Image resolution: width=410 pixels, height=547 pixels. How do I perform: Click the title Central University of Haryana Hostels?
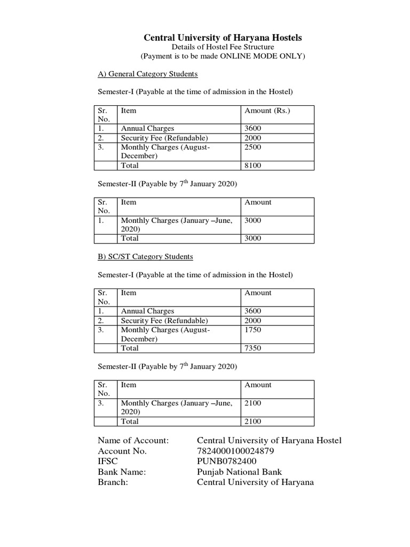tap(223, 37)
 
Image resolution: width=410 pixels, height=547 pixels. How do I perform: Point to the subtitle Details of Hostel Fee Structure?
tap(223, 47)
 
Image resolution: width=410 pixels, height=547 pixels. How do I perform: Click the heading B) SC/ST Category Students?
tap(145, 256)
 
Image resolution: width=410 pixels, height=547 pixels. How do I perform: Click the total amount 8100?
tap(253, 166)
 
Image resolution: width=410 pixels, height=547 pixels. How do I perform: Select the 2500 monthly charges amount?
tap(253, 147)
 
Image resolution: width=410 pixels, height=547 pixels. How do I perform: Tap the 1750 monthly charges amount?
tap(253, 330)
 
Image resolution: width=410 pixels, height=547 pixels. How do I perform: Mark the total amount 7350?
tap(253, 348)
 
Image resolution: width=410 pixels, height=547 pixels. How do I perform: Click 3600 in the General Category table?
tap(253, 129)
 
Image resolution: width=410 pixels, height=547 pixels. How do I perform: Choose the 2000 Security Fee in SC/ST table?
tap(253, 321)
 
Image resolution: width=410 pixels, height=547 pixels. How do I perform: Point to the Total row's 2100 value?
tap(253, 421)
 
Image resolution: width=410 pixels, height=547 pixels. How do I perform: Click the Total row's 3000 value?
tap(253, 238)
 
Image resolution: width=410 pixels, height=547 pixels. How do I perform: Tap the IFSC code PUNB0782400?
tap(227, 462)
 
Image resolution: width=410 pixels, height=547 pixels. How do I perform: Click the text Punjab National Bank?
tap(239, 472)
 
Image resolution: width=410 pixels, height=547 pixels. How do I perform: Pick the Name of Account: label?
tap(133, 440)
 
